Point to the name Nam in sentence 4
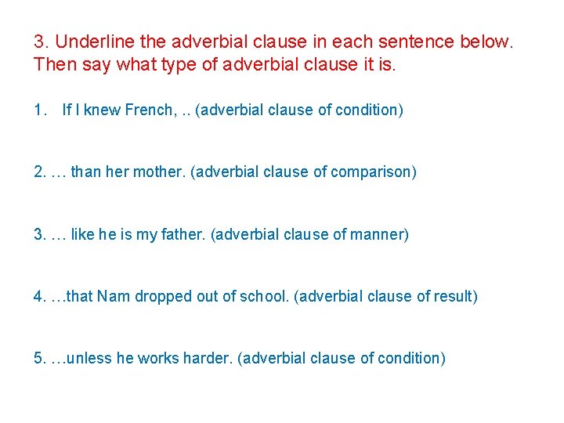(116, 296)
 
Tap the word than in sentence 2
(85, 172)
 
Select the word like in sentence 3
(82, 234)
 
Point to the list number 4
(39, 296)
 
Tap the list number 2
(39, 172)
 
